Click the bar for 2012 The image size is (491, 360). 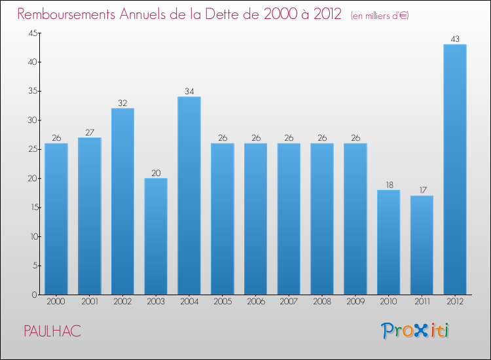[454, 170]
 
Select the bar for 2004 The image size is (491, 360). [189, 196]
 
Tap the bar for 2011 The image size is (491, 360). [422, 245]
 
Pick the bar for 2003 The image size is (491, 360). [156, 236]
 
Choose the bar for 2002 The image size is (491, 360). [122, 202]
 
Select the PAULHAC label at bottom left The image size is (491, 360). [52, 332]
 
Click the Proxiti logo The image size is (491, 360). [415, 331]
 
